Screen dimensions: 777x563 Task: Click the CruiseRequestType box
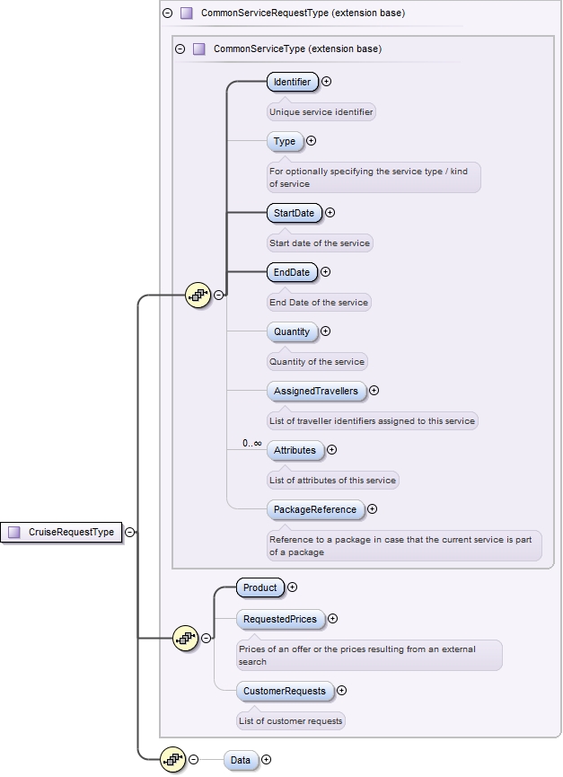tap(62, 532)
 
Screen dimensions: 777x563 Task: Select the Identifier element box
tap(292, 82)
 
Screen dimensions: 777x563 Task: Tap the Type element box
tap(285, 141)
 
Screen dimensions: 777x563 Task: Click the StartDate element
tap(294, 213)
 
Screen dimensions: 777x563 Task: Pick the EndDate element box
tap(292, 272)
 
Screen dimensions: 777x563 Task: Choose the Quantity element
tap(292, 331)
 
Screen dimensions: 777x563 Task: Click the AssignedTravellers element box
tap(315, 391)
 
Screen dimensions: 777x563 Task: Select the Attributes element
tap(295, 450)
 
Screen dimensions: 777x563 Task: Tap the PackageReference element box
tap(315, 509)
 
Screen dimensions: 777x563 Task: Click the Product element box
tap(260, 587)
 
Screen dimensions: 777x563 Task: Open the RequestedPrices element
tap(280, 619)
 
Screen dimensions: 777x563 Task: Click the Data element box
tap(241, 760)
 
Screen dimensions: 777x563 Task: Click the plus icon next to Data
tap(266, 760)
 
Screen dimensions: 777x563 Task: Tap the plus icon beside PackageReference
tap(373, 509)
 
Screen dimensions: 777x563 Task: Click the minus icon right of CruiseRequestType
tap(130, 532)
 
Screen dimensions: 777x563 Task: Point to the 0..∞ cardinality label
tap(251, 444)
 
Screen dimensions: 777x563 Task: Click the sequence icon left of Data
tap(172, 760)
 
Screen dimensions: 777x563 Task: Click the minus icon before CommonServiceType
tap(180, 49)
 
